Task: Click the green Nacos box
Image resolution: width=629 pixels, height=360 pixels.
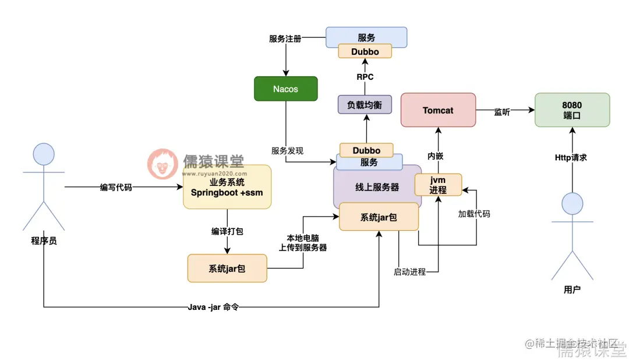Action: tap(285, 89)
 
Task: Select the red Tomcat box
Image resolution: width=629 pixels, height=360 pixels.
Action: tap(438, 110)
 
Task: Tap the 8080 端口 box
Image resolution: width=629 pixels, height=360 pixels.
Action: tap(572, 110)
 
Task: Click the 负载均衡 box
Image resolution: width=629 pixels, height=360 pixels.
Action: tap(365, 105)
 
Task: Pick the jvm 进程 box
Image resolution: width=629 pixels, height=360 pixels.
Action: tap(438, 185)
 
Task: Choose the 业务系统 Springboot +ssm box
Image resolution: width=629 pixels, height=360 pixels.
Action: tap(227, 186)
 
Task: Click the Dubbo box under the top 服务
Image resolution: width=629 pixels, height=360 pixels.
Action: tap(365, 52)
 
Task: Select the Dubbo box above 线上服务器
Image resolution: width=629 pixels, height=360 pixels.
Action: tap(366, 150)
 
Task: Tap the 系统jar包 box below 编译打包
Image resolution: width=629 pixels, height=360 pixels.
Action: tap(227, 269)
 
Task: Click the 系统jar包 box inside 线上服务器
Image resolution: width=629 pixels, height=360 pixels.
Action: tap(379, 217)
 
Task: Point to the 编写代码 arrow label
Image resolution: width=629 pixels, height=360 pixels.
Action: tap(116, 188)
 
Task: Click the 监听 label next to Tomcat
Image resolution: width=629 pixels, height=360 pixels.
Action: tap(502, 112)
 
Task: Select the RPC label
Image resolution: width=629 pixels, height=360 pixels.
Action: tap(365, 76)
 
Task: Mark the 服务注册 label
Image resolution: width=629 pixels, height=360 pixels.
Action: tap(285, 39)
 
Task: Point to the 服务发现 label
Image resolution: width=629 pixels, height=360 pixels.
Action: tap(287, 150)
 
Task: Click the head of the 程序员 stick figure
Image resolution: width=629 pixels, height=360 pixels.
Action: tap(44, 154)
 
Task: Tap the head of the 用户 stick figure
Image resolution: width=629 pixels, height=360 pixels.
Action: tap(572, 204)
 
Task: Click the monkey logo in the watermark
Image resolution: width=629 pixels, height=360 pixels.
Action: tap(162, 163)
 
